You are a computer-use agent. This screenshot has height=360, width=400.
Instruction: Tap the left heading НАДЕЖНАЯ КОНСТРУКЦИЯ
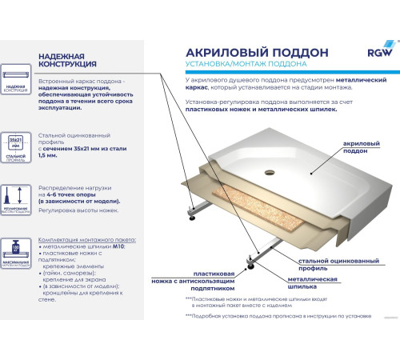[68, 59]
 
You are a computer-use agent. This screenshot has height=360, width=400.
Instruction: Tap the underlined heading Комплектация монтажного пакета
[86, 239]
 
